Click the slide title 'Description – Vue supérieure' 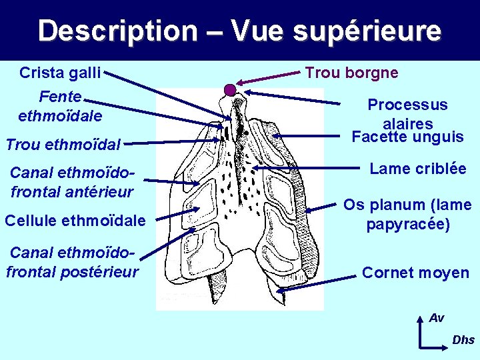tap(239, 31)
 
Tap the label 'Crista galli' tap(60, 72)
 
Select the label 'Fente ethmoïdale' tap(60, 106)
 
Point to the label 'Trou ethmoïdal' tap(63, 143)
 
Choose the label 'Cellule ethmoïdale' tap(75, 219)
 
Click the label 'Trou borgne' tap(351, 72)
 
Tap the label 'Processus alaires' tap(407, 114)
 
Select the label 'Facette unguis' tap(407, 137)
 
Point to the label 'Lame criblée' tap(418, 169)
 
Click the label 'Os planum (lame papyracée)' tap(407, 215)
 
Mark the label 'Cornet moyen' tap(415, 273)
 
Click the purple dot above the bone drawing tap(230, 89)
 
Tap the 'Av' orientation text tap(437, 318)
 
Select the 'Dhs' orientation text tap(463, 340)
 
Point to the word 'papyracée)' tap(408, 224)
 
